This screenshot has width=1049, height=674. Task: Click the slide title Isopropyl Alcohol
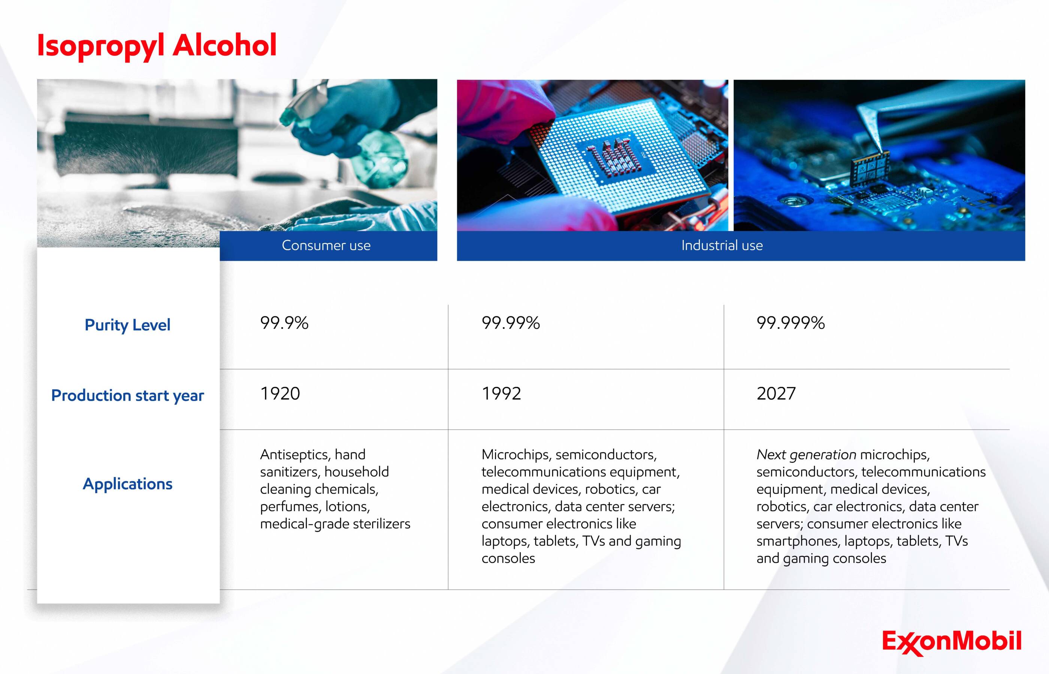point(157,46)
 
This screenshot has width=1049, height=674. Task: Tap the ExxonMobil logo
point(952,642)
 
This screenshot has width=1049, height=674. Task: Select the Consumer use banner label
point(326,246)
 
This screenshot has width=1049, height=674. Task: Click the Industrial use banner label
point(722,246)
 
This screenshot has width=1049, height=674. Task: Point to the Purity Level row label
point(127,325)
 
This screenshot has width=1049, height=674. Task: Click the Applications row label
point(127,484)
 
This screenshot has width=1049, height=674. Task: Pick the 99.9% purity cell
point(284,323)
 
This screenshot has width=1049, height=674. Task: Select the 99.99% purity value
point(511,323)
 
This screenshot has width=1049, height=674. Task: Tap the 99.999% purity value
point(790,323)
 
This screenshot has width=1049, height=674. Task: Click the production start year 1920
point(280,394)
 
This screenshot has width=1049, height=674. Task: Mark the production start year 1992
point(501,394)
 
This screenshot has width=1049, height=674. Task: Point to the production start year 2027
point(776,394)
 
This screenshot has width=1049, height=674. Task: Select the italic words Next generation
point(806,455)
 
